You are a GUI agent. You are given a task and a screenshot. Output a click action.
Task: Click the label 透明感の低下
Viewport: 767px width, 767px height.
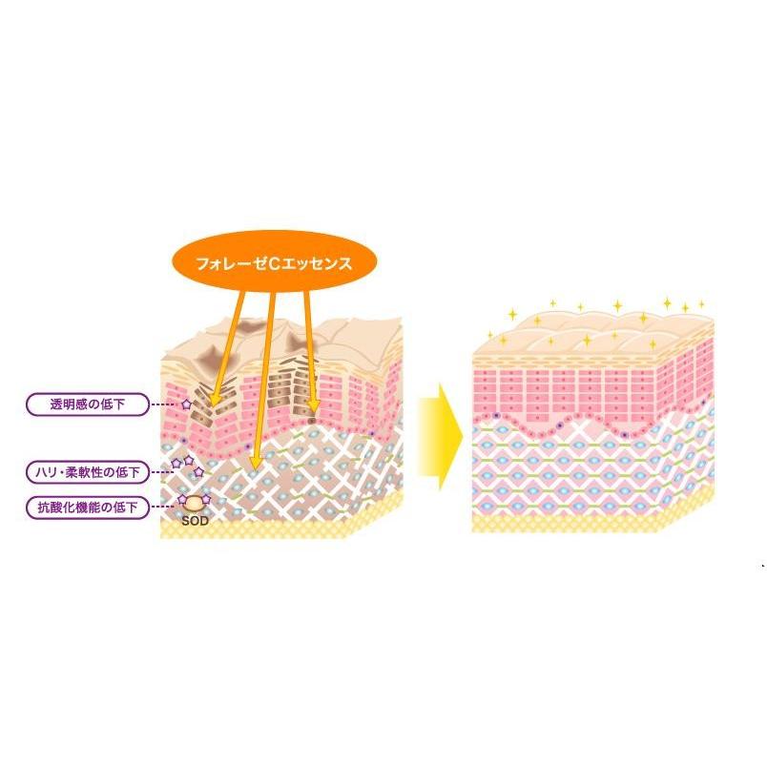coord(88,405)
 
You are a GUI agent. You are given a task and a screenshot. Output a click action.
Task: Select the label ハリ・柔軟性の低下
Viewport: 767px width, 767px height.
coord(88,470)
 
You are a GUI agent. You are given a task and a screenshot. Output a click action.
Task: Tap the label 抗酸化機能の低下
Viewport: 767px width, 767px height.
coord(88,508)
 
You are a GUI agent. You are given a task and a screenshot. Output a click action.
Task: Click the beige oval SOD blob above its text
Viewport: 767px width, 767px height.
coord(196,502)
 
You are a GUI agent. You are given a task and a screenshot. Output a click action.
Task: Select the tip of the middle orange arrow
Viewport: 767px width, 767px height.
coord(253,467)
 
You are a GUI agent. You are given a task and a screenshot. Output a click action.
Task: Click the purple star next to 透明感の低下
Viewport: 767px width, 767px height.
coord(186,405)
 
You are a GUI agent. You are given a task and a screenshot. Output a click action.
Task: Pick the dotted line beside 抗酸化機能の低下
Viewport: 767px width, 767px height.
coord(163,508)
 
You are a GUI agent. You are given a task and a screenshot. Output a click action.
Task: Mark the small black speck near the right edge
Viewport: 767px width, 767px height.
coord(762,567)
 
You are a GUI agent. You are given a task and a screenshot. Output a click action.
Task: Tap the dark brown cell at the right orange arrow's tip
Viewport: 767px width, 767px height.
coord(314,416)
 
